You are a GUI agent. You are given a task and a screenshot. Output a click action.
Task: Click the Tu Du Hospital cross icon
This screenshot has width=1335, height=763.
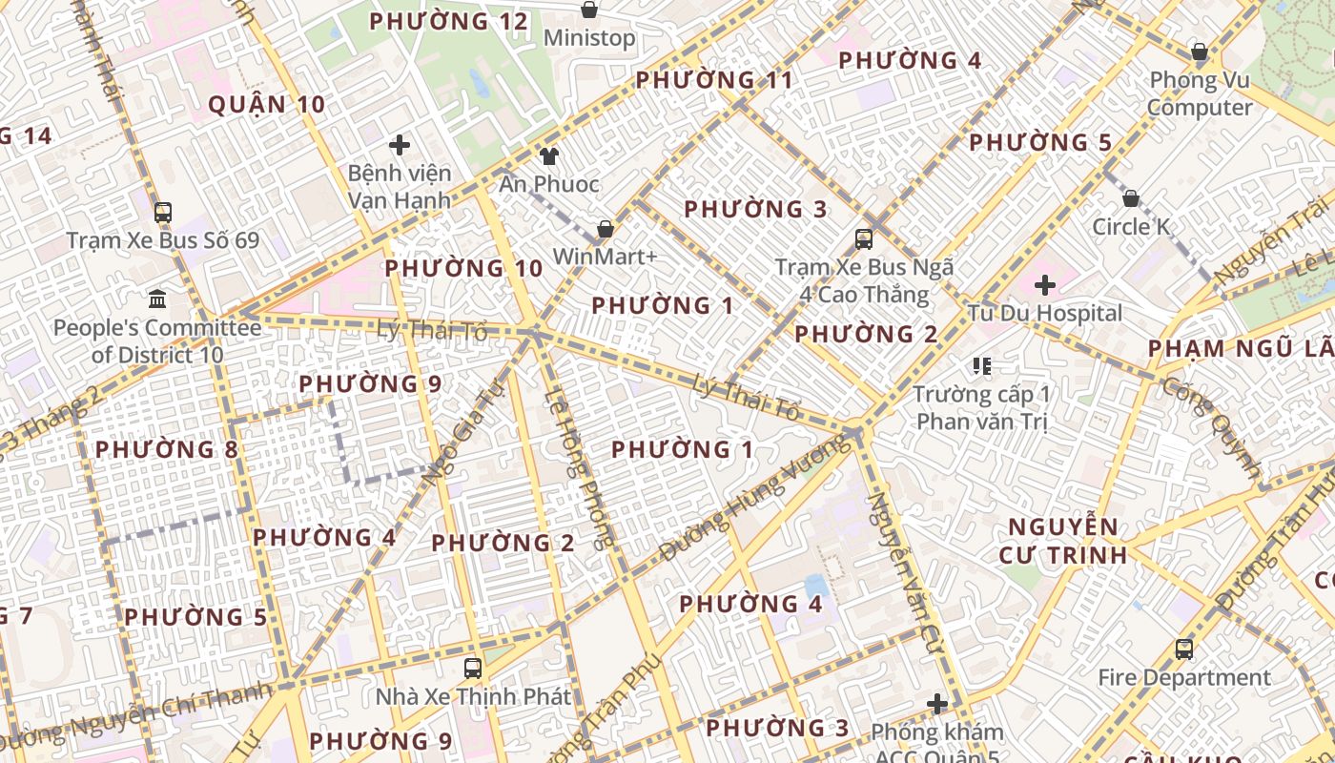point(1045,284)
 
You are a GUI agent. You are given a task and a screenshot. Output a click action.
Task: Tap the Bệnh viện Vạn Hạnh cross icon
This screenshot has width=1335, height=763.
point(400,145)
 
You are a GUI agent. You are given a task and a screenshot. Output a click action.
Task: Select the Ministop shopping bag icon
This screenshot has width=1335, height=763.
point(589,10)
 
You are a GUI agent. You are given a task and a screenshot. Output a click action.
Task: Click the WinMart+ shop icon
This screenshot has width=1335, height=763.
point(605,229)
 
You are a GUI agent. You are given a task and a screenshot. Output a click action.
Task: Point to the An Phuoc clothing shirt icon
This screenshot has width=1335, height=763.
point(548,155)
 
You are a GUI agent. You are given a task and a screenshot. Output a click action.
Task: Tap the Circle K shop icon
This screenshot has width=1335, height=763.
point(1130,198)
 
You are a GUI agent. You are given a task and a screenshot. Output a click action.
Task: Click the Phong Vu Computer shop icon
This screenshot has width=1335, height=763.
point(1200,52)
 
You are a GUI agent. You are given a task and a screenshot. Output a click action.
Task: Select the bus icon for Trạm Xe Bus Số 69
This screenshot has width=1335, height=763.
point(163,212)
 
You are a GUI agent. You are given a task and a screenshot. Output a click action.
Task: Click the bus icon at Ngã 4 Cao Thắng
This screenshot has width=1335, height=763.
point(864,238)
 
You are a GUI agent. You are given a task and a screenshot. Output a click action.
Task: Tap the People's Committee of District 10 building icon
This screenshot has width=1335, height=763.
point(157,299)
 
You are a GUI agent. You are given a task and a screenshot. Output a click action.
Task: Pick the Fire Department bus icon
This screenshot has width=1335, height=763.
point(1183,650)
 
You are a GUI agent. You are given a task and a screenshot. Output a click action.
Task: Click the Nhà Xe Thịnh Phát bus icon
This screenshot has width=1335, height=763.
point(473,668)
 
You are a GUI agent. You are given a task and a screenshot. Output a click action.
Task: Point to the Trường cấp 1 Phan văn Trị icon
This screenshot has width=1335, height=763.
point(982,365)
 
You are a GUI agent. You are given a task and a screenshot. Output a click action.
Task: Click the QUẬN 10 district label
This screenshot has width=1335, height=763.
point(266,105)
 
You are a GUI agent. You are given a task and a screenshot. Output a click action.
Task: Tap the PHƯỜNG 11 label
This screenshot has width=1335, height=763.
point(714,80)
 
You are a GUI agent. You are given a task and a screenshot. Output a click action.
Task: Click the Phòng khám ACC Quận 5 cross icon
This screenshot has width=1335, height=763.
point(937,704)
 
